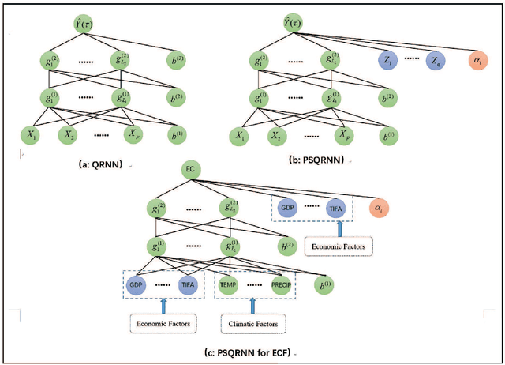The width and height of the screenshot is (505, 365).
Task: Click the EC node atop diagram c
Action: [x=190, y=170]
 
